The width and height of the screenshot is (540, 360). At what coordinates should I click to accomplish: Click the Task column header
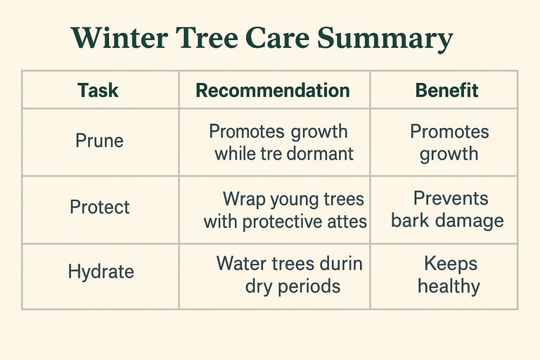tap(98, 90)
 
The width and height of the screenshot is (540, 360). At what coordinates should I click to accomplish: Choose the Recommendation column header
tap(272, 90)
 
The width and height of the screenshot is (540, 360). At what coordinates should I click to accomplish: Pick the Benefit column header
tap(446, 90)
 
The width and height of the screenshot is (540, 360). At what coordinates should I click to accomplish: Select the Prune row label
tap(99, 141)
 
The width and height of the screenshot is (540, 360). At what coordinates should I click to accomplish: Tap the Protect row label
tap(99, 207)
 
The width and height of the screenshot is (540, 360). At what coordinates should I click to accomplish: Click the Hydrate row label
tap(101, 272)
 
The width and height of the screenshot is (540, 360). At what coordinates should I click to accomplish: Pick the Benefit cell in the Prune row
tap(449, 143)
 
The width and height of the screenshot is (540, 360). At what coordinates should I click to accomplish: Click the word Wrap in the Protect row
tap(243, 199)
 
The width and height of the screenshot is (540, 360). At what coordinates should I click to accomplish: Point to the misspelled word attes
tap(345, 222)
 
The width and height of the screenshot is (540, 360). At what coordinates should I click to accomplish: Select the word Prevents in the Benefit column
tap(451, 199)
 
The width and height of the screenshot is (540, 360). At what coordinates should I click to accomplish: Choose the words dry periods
tap(292, 286)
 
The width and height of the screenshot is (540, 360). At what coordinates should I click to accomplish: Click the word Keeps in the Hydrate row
tap(451, 264)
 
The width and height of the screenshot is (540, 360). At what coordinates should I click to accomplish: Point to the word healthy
tap(449, 286)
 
